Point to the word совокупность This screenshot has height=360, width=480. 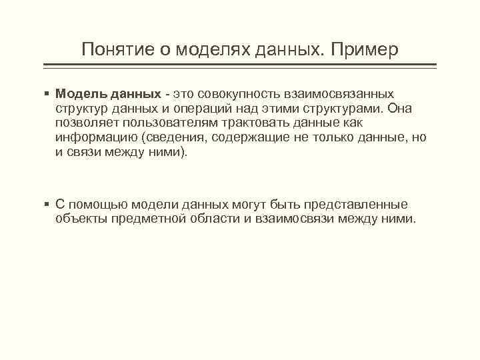tap(234, 93)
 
